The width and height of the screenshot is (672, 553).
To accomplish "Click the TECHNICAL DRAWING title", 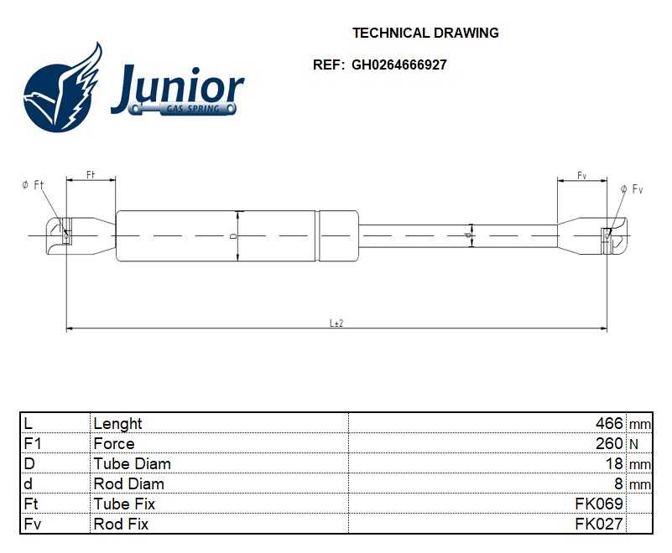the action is pyautogui.click(x=425, y=34).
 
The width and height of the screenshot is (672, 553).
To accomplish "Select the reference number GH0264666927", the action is pyautogui.click(x=399, y=65).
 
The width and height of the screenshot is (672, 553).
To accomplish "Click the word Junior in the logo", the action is pyautogui.click(x=177, y=87).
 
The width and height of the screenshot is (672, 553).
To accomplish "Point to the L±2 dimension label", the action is pyautogui.click(x=336, y=323).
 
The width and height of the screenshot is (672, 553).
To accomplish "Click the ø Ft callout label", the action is pyautogui.click(x=33, y=184).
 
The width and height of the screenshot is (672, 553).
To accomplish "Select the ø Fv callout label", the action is pyautogui.click(x=632, y=189).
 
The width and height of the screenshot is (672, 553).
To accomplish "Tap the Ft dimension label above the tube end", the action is pyautogui.click(x=91, y=174).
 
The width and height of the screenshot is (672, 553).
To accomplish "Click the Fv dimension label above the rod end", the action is pyautogui.click(x=581, y=174).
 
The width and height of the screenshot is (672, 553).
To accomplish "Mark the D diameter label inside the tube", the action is pyautogui.click(x=233, y=236).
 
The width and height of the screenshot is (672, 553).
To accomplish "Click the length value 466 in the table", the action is pyautogui.click(x=607, y=423).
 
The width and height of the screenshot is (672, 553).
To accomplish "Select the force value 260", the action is pyautogui.click(x=609, y=443).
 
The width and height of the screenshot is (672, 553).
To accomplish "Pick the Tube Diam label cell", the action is pyautogui.click(x=132, y=463).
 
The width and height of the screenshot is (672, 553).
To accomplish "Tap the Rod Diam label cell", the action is pyautogui.click(x=128, y=483).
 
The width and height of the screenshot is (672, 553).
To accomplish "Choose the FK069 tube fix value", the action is pyautogui.click(x=598, y=504).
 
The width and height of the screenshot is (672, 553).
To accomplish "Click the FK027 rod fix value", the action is pyautogui.click(x=598, y=524).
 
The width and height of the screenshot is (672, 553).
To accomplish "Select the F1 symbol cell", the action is pyautogui.click(x=32, y=443).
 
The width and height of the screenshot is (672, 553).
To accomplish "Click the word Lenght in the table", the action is pyautogui.click(x=117, y=423).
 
